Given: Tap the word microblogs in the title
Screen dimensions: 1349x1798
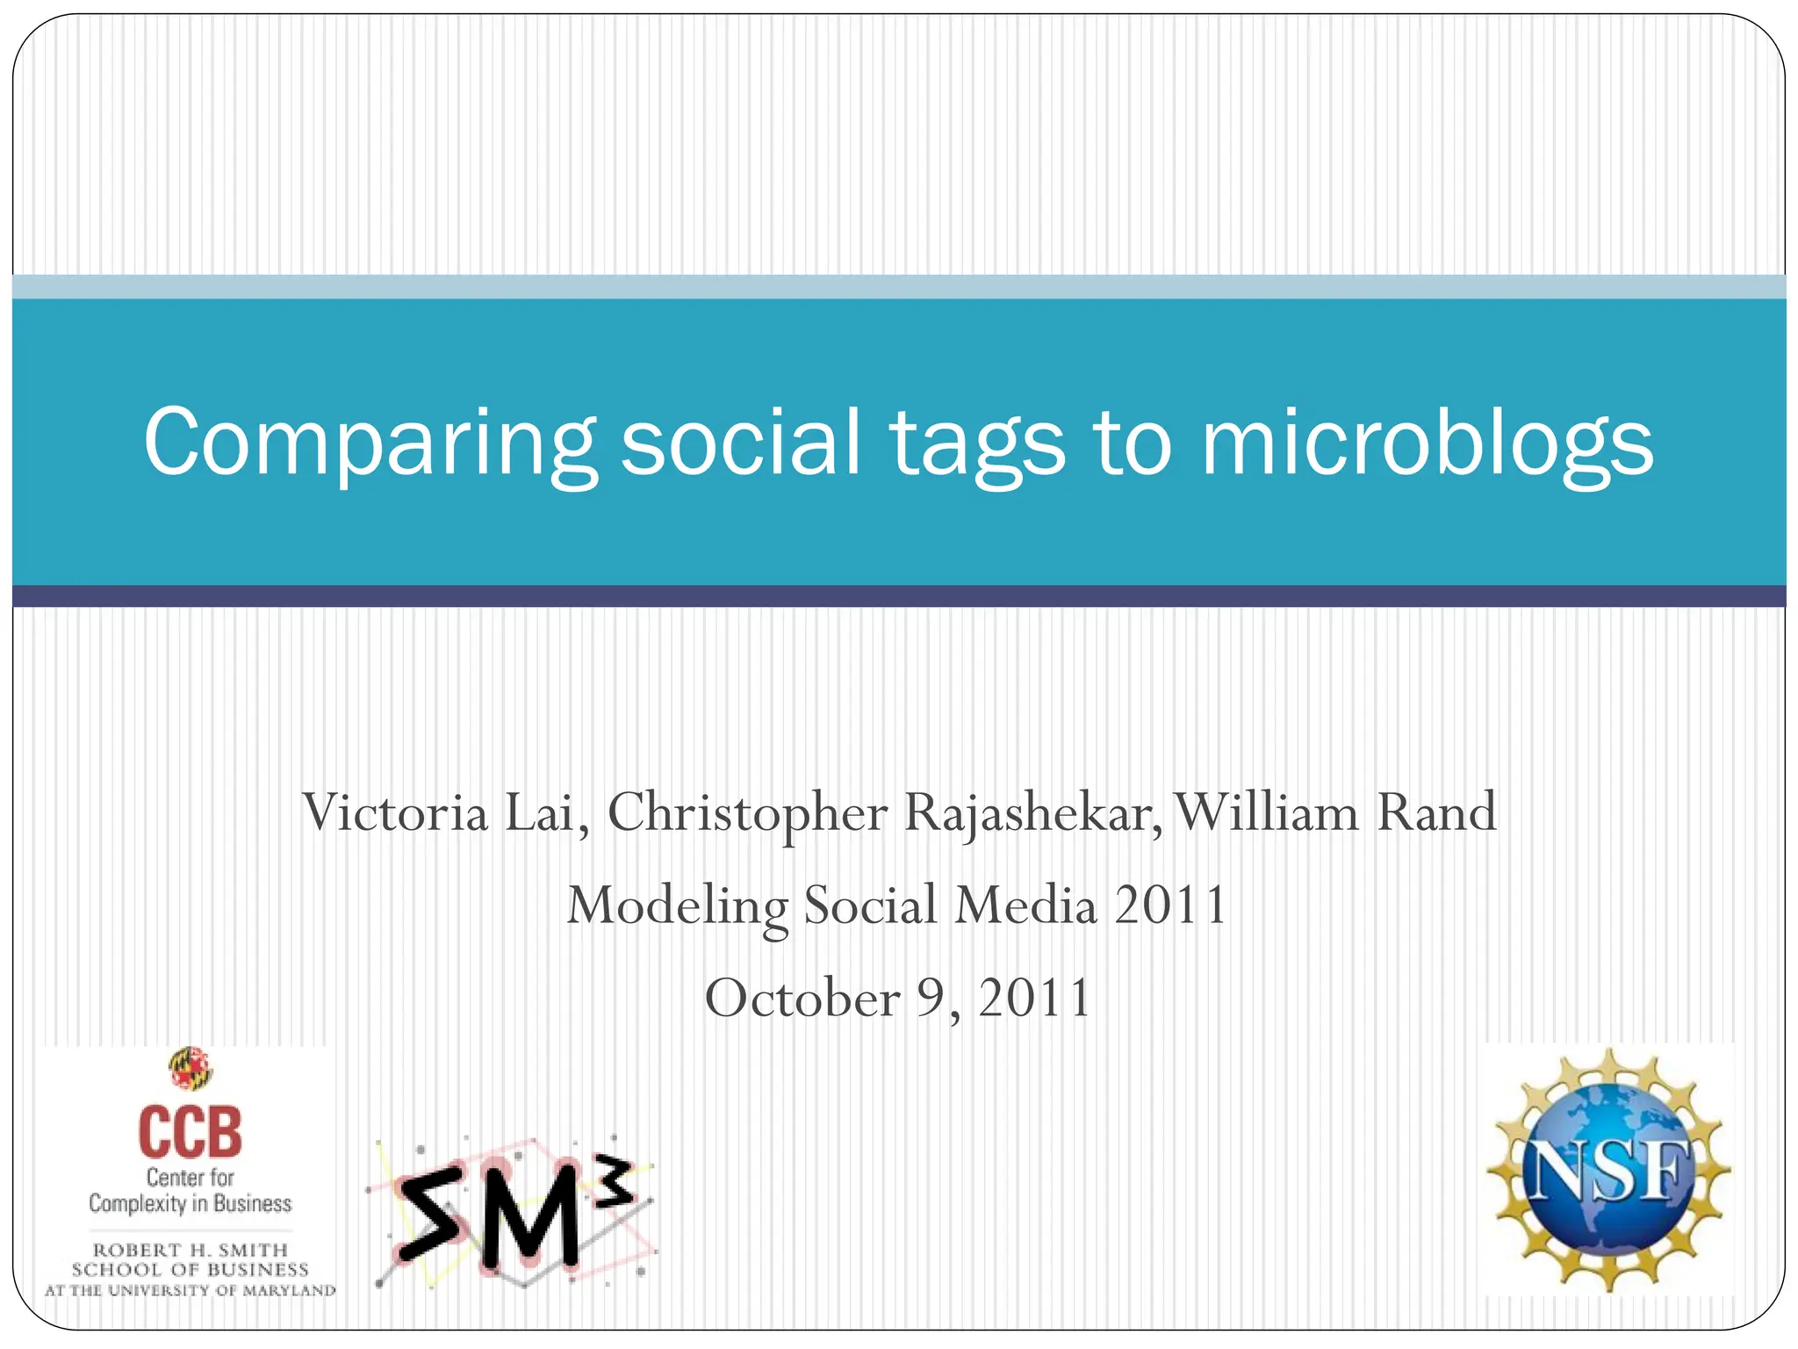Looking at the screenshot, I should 1427,444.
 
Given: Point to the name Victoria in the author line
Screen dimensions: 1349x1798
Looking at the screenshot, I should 394,812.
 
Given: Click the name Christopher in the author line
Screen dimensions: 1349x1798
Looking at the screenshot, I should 747,814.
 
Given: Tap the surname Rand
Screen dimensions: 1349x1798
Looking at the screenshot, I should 1436,812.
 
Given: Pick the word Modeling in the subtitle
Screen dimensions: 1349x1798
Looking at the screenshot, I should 677,907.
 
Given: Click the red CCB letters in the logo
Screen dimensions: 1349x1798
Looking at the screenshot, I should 190,1133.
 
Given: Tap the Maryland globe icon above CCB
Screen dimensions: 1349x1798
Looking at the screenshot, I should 191,1068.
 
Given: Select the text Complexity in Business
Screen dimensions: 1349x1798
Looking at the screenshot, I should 190,1203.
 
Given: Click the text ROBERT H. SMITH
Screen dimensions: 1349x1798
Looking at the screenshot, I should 191,1249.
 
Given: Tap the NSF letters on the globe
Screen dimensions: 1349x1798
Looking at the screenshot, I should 1608,1172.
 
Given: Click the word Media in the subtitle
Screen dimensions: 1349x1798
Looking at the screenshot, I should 1025,905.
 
